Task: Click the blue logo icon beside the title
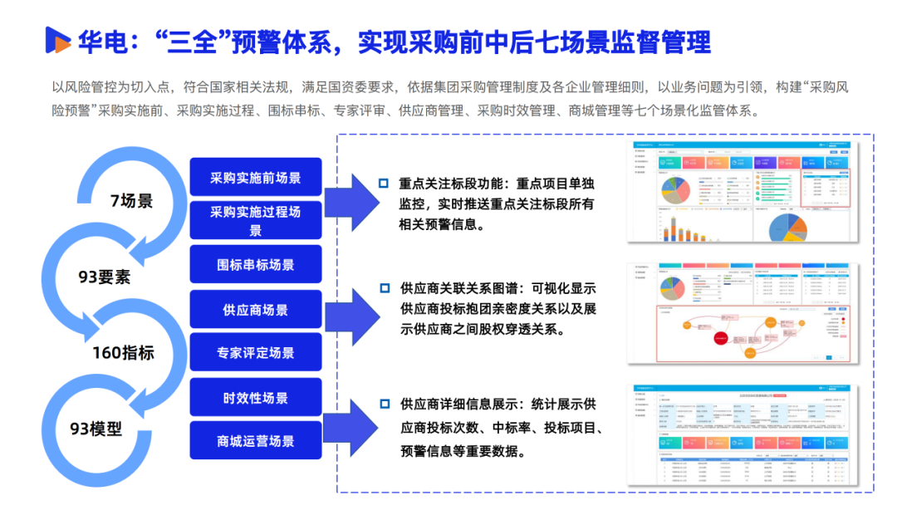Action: point(57,39)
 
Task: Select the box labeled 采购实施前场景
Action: point(256,178)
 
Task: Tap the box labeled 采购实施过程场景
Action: point(256,221)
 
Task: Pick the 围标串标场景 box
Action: point(256,265)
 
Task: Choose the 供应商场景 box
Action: point(256,310)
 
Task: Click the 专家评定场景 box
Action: point(256,353)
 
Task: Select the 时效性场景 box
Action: point(256,398)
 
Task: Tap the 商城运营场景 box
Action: point(256,441)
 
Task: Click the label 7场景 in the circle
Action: point(131,201)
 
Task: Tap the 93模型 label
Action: point(96,429)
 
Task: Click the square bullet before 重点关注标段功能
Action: point(383,184)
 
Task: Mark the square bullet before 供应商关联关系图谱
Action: point(383,288)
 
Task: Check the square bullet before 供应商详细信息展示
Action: point(383,404)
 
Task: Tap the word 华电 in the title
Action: point(101,40)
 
